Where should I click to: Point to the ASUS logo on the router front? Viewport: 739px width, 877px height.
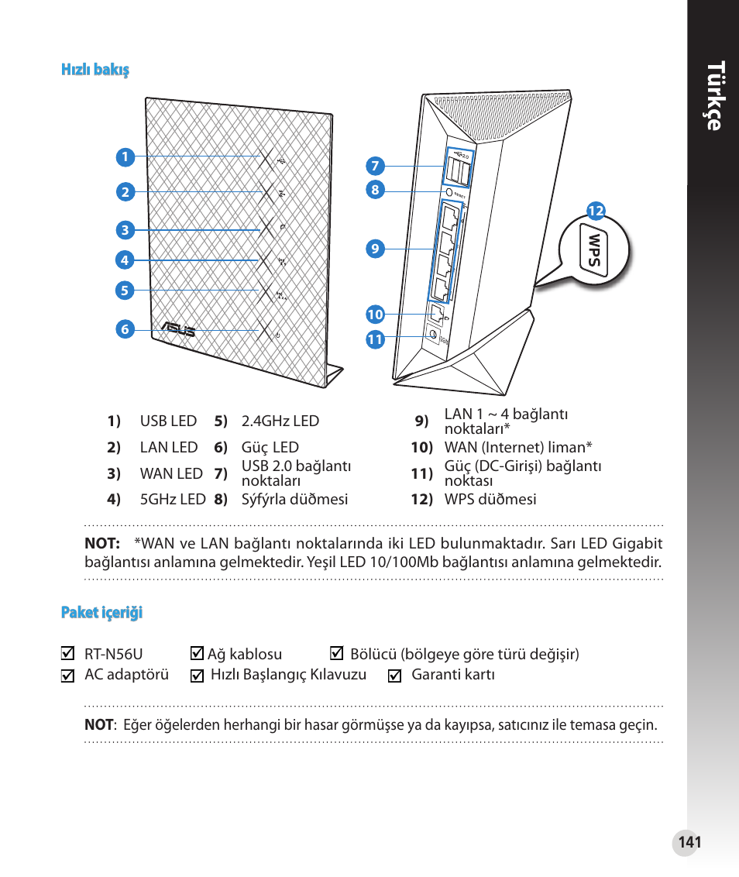(x=177, y=331)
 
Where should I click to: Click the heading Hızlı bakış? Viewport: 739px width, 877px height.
(x=95, y=70)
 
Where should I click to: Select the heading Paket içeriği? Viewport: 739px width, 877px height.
(x=102, y=613)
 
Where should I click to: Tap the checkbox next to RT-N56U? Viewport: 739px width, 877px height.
(x=68, y=654)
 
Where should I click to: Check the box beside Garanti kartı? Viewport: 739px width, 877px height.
(x=394, y=676)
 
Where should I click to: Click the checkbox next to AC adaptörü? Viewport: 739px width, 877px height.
(x=68, y=676)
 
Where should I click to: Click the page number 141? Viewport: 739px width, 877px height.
(x=689, y=842)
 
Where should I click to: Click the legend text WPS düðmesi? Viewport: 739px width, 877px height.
(x=490, y=500)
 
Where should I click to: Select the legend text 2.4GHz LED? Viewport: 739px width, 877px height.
(x=280, y=421)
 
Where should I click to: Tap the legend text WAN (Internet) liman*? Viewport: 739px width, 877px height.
(x=517, y=447)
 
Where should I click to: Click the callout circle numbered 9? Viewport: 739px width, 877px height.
(x=375, y=249)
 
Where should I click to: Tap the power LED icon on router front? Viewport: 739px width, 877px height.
(x=277, y=335)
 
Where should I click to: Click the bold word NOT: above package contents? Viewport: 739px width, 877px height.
(x=101, y=544)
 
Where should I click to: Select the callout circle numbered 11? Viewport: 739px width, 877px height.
(x=376, y=339)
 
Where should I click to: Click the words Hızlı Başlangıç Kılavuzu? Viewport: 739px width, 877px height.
(x=288, y=675)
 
